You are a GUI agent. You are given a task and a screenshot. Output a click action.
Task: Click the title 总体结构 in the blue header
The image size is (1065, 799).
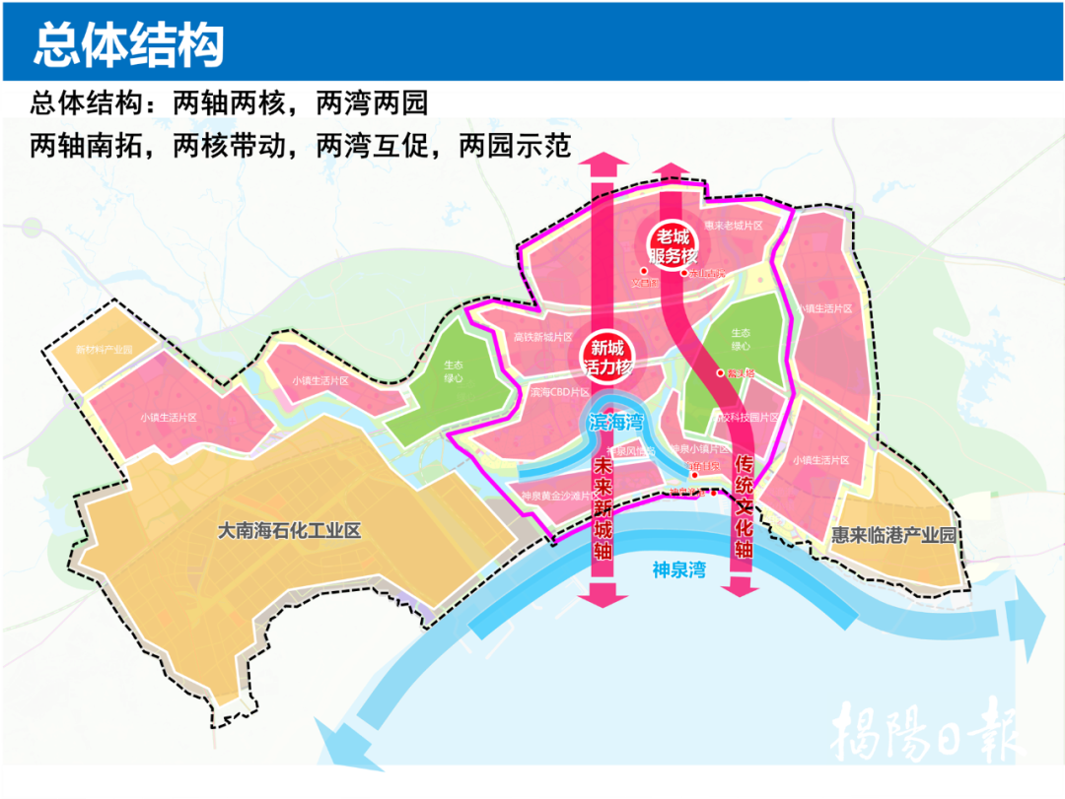click(x=129, y=43)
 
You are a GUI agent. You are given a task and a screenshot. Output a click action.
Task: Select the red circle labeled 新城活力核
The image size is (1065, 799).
click(x=607, y=357)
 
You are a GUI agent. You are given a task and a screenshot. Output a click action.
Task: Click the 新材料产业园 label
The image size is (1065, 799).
click(x=104, y=350)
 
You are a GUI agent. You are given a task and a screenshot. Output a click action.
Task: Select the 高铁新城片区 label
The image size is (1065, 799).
click(x=543, y=337)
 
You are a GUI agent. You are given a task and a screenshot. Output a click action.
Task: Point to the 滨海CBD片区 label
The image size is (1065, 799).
click(x=559, y=392)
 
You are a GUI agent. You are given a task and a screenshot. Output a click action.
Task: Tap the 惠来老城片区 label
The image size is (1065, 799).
click(x=734, y=226)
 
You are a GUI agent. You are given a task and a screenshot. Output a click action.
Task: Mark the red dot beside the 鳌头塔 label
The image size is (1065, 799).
click(x=720, y=373)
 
